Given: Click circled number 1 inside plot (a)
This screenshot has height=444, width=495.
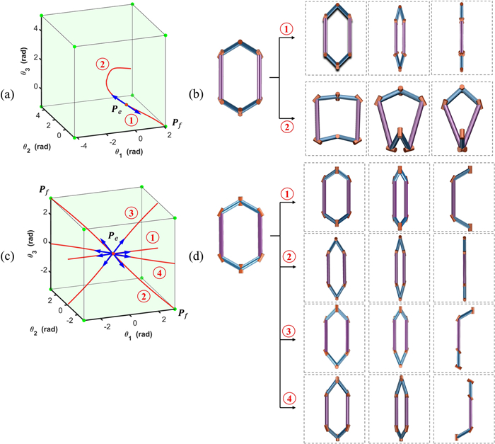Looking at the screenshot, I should coord(113,121).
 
